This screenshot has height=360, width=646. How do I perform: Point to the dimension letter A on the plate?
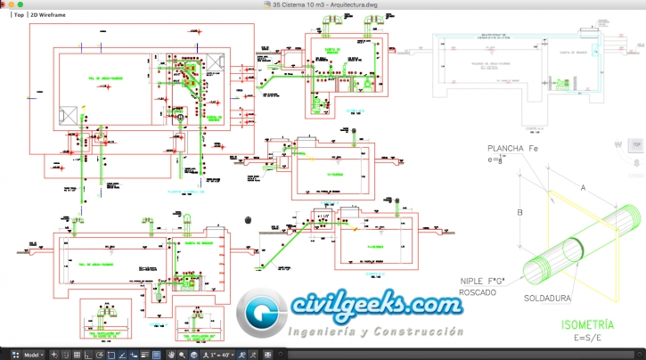pyautogui.click(x=582, y=188)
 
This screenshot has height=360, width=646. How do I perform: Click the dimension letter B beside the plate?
pyautogui.click(x=519, y=212)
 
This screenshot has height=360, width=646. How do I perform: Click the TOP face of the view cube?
pyautogui.click(x=635, y=143)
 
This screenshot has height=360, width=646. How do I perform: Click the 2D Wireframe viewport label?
pyautogui.click(x=50, y=16)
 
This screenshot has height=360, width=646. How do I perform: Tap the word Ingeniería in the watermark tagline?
pyautogui.click(x=329, y=331)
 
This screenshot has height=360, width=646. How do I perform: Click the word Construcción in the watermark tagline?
pyautogui.click(x=419, y=331)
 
